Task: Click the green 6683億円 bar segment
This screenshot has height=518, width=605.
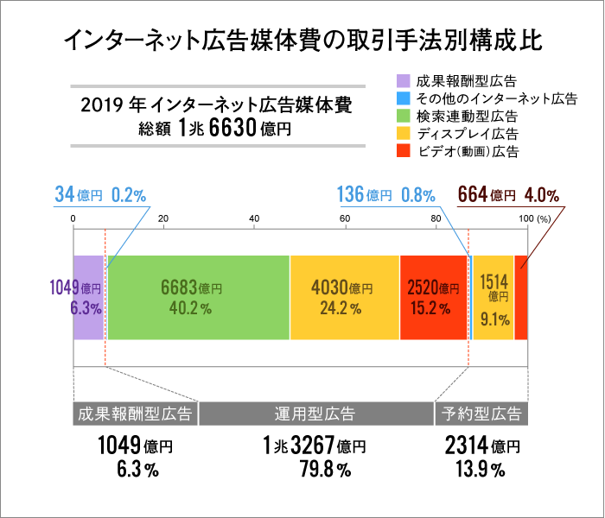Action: click(x=198, y=297)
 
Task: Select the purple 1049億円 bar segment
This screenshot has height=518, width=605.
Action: click(x=88, y=297)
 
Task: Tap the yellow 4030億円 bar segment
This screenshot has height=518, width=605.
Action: click(x=344, y=297)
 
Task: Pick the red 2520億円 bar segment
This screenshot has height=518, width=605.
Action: click(x=434, y=297)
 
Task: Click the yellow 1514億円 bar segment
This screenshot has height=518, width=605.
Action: click(x=494, y=297)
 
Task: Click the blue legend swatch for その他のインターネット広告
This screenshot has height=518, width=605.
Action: click(x=404, y=99)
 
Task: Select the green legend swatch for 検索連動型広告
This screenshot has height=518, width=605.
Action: click(x=404, y=117)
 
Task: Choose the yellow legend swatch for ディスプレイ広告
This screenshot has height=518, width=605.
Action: click(x=404, y=134)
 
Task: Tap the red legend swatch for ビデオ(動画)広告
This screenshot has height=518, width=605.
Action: click(x=404, y=151)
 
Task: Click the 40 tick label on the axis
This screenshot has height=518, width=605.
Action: click(x=254, y=218)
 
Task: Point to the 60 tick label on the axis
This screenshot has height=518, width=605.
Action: click(x=345, y=218)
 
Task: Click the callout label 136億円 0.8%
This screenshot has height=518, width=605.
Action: click(x=385, y=195)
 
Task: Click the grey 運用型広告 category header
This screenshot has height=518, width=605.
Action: click(x=316, y=414)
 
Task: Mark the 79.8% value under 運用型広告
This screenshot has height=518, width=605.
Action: click(x=315, y=471)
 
